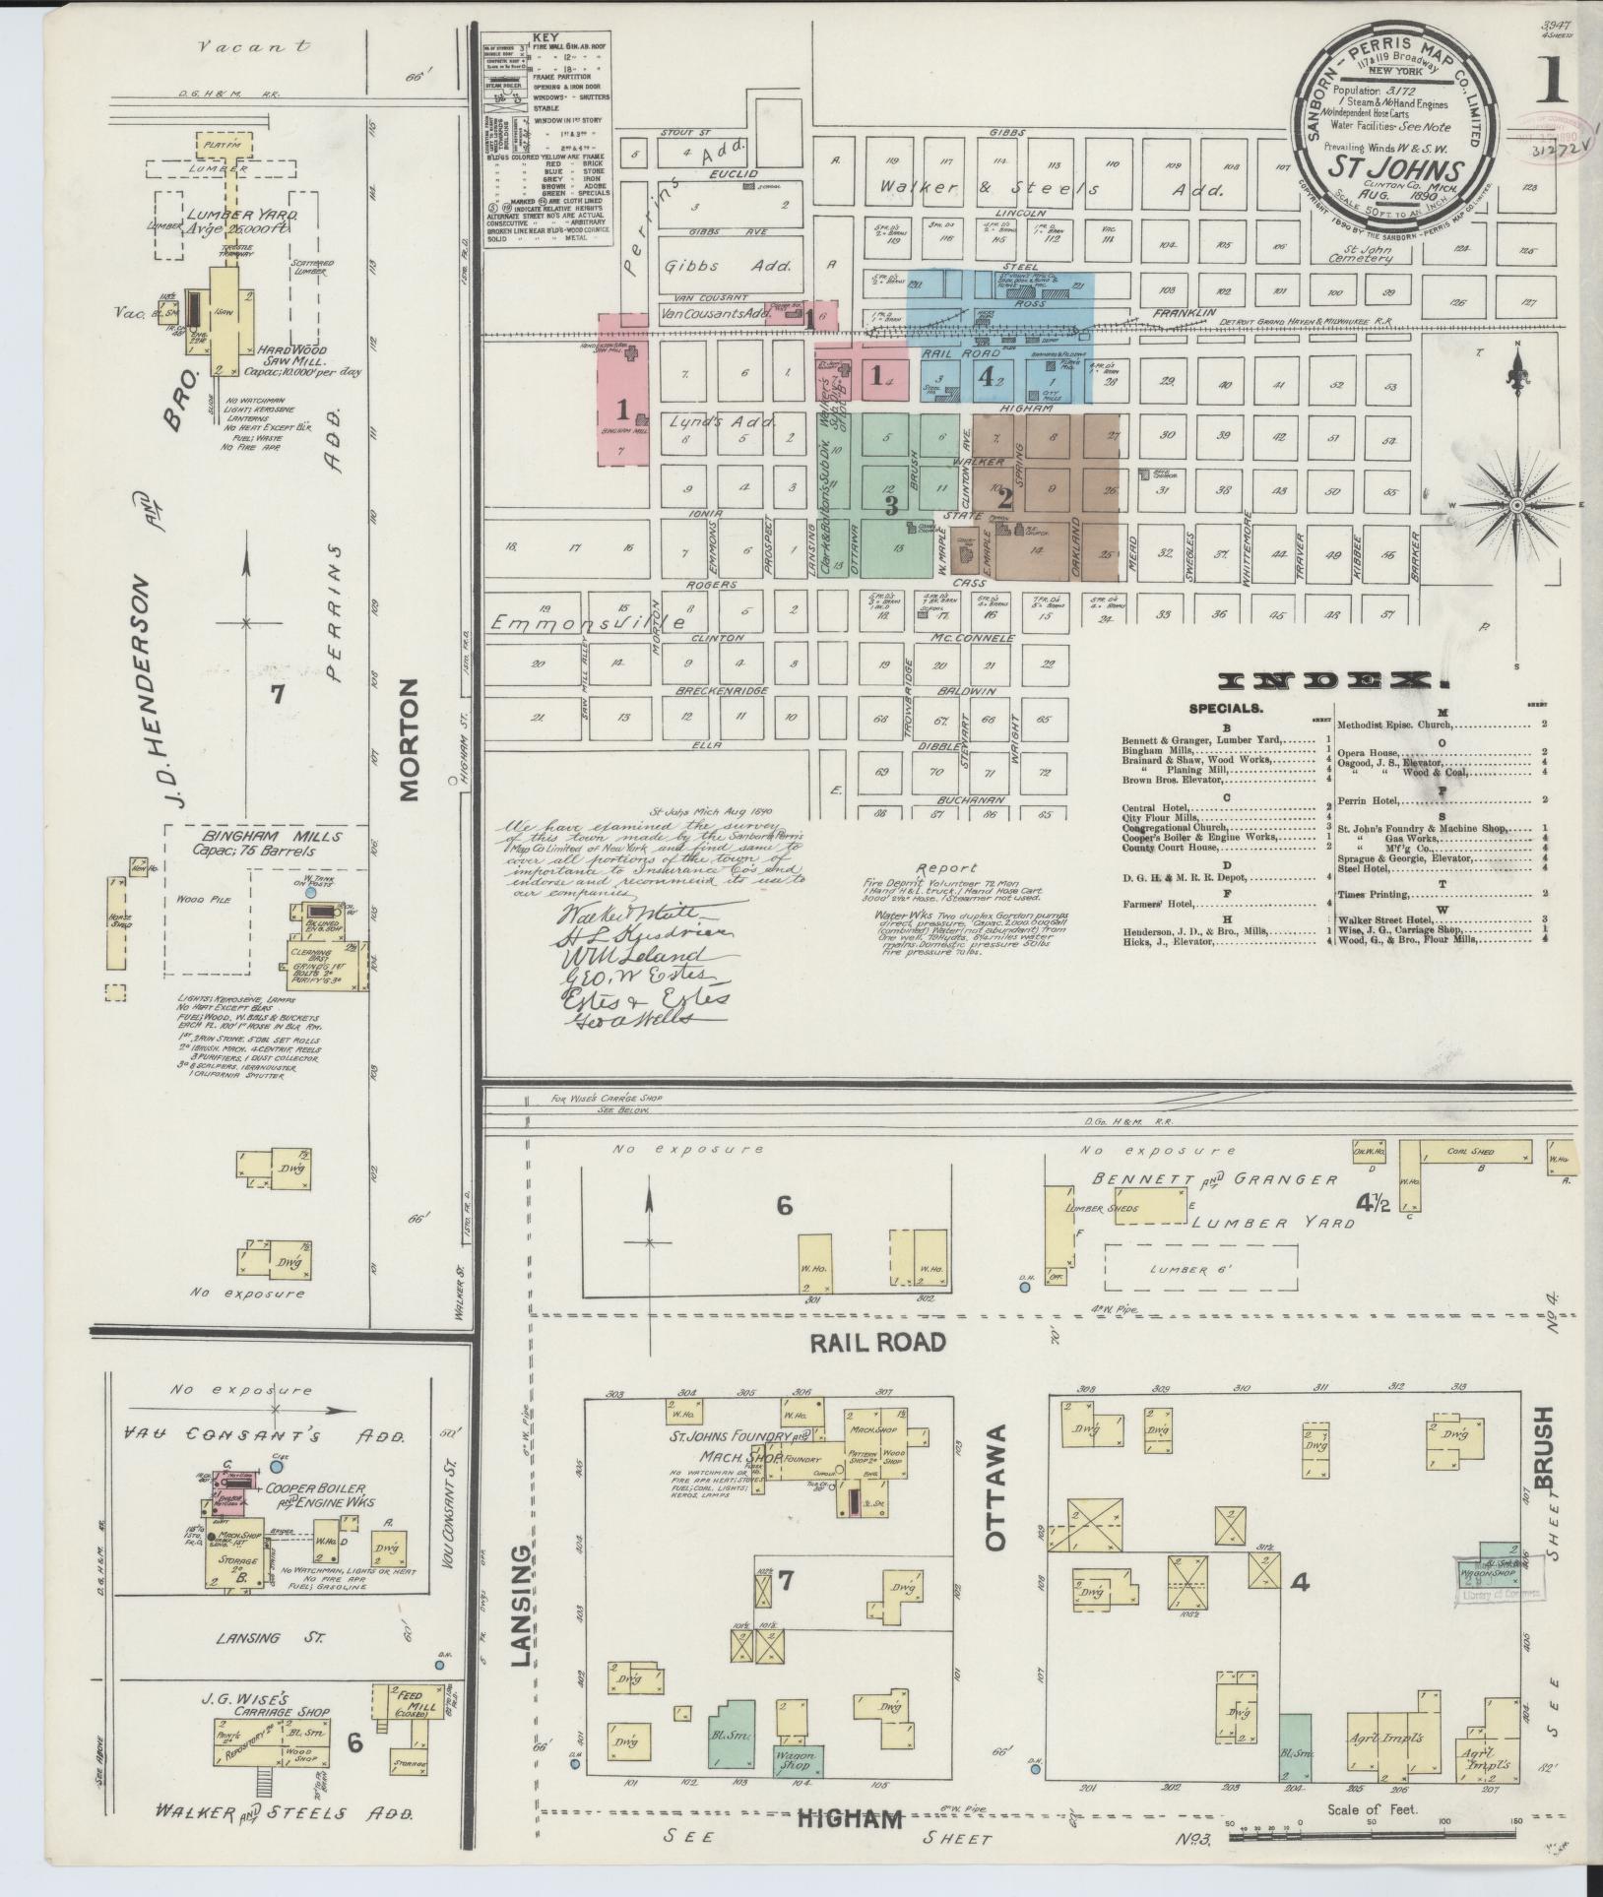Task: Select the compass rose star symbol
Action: [x=1517, y=505]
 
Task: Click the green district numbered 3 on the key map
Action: [x=891, y=505]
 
